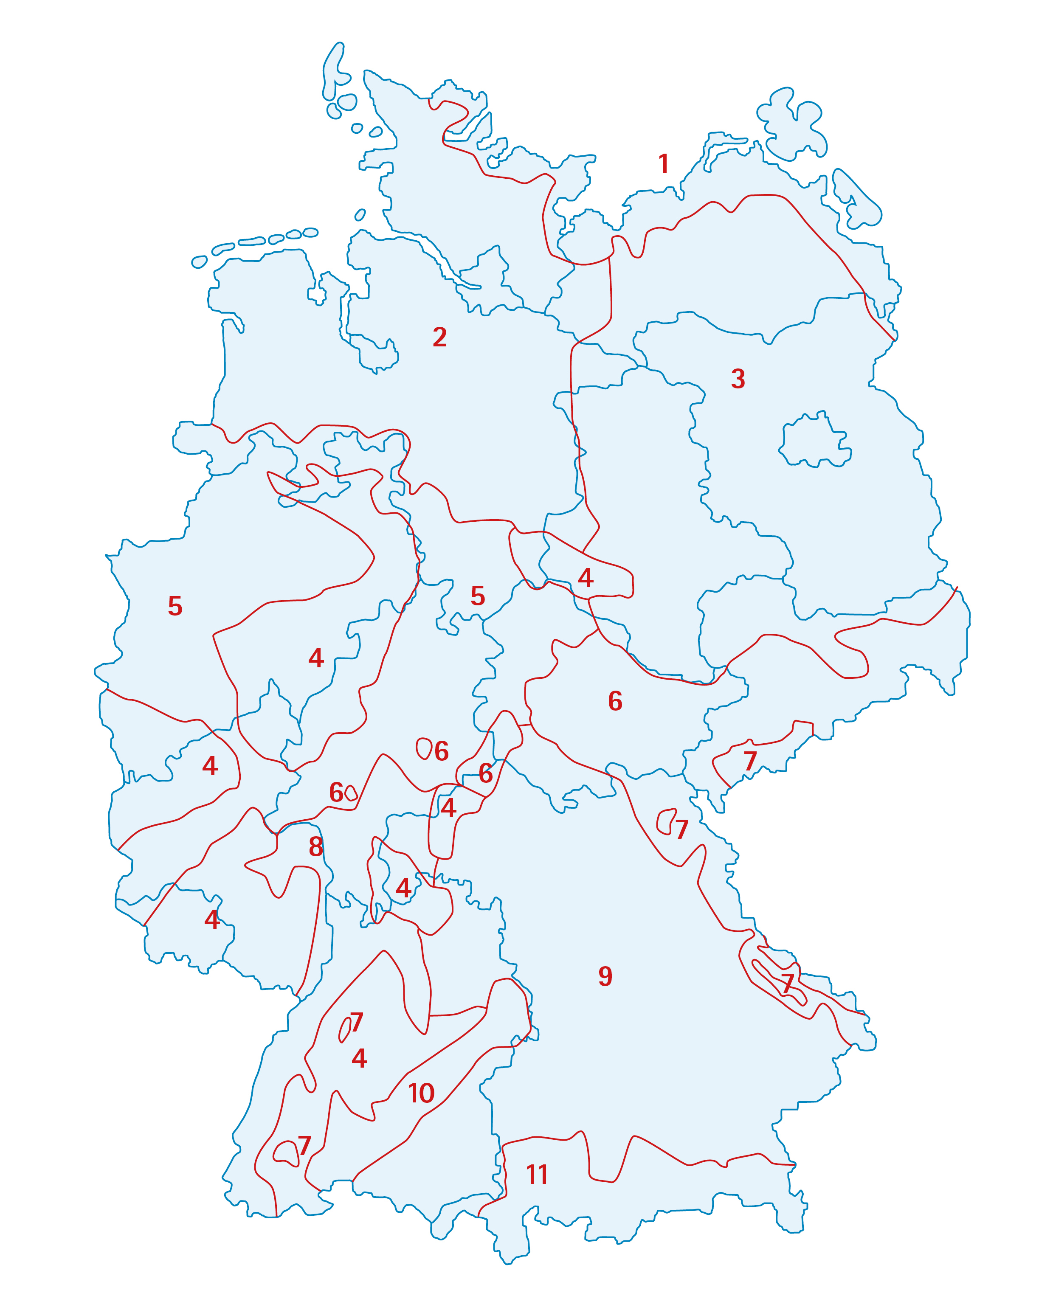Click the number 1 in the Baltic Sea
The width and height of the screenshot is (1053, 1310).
[x=664, y=164]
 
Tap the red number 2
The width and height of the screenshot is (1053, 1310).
[x=439, y=337]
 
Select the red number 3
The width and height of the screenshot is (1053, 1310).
[x=738, y=379]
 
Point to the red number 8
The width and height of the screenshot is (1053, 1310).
[x=315, y=846]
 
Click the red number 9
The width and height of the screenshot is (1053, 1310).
[x=605, y=976]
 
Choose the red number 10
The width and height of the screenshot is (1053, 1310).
[x=421, y=1094]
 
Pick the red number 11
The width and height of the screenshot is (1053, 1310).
[x=537, y=1175]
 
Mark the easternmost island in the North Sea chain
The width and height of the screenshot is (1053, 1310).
[x=310, y=232]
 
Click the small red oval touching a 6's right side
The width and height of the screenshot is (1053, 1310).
[x=351, y=793]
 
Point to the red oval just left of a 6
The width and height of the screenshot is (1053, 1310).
[x=423, y=748]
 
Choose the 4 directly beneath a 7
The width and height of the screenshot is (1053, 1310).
[x=359, y=1058]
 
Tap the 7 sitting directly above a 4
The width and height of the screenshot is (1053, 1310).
[x=357, y=1022]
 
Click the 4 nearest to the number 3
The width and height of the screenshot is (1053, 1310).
[x=585, y=578]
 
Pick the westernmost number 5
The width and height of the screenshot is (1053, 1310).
[x=175, y=606]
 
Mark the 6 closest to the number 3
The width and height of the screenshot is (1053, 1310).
[x=615, y=701]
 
